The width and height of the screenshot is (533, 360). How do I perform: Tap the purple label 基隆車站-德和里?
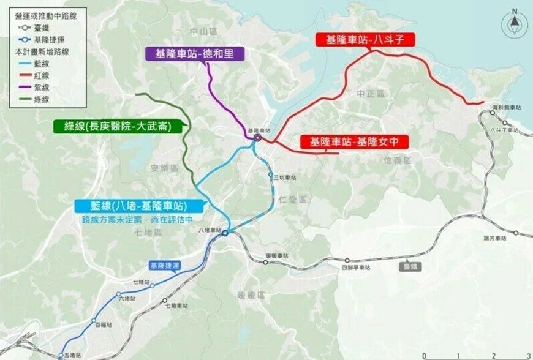(195, 54)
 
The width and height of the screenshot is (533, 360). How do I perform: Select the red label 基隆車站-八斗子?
(366, 40)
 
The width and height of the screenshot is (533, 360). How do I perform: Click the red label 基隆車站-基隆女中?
(355, 142)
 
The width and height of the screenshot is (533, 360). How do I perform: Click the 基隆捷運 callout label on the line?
(164, 266)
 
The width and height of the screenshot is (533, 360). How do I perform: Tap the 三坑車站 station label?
(285, 178)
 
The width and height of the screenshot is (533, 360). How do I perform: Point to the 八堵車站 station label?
(210, 230)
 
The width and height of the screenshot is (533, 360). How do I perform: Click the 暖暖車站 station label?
(277, 255)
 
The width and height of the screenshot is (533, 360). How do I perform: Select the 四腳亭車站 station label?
(357, 268)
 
